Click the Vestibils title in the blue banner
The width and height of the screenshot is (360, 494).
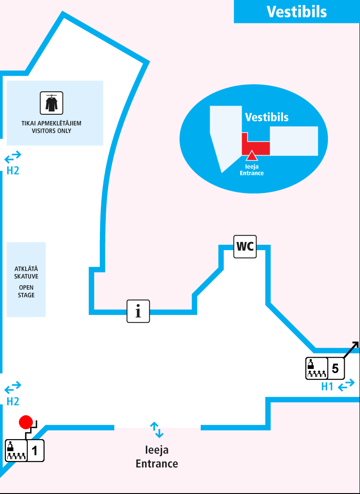pos(297,11)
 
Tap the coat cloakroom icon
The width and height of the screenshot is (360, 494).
pos(51,103)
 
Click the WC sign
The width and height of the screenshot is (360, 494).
pos(245,247)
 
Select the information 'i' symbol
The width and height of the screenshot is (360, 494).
pos(138,311)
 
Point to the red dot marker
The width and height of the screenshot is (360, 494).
pos(26,422)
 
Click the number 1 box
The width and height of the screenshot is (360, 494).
pos(36,450)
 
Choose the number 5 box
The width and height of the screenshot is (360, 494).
pos(335,368)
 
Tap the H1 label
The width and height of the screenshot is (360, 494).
pos(327,386)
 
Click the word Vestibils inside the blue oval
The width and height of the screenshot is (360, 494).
pos(267,117)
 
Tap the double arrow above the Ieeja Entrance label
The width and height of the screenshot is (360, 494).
pos(157,430)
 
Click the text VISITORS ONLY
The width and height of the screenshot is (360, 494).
pos(51,131)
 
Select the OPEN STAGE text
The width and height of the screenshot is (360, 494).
pos(26,292)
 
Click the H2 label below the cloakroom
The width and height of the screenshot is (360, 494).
pos(13,171)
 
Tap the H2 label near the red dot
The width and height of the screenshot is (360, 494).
pos(13,401)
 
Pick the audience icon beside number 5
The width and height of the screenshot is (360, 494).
pos(316,368)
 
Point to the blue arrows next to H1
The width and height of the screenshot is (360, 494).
pos(346,386)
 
